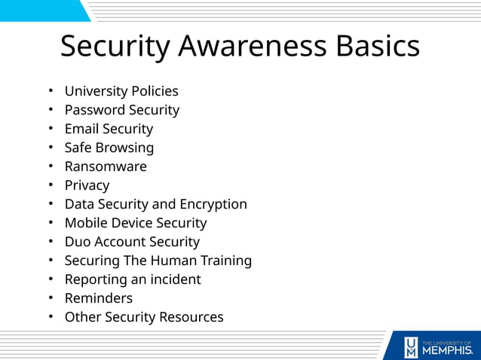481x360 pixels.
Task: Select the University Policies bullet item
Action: (121, 91)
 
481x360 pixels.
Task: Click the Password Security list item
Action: (121, 110)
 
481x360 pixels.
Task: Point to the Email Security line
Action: (109, 129)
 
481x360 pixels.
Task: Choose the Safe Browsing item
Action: (109, 148)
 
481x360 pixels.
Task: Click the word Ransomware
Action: (106, 166)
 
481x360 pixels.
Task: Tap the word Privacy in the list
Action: (87, 185)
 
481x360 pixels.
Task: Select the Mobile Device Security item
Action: (135, 223)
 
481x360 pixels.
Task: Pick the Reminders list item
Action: (98, 298)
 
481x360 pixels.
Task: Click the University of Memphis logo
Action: (437, 346)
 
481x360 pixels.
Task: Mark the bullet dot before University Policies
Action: (51, 91)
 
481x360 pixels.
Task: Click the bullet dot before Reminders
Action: (51, 298)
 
